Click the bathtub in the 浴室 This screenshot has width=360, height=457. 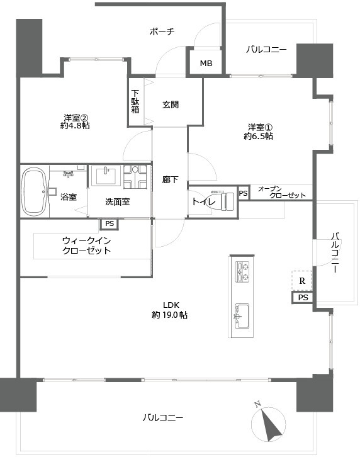click(35, 191)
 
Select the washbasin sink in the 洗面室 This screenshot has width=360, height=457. click(106, 175)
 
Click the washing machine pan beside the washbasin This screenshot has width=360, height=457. click(135, 177)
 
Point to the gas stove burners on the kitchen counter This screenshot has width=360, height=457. click(242, 271)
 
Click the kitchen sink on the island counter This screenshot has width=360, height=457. click(242, 316)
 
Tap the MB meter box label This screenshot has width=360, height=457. click(206, 63)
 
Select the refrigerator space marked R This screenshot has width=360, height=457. click(302, 281)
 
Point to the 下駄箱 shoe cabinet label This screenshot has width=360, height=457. click(135, 101)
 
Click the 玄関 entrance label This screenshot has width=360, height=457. click(171, 104)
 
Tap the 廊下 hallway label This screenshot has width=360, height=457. click(170, 179)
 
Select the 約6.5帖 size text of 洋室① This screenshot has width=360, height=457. click(258, 136)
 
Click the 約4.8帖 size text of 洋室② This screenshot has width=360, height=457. click(75, 126)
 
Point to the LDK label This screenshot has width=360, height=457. click(171, 305)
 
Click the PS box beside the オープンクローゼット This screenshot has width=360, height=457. click(244, 193)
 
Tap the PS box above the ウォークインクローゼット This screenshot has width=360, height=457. click(110, 224)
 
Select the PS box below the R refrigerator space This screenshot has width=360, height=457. click(303, 297)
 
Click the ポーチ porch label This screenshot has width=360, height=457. click(162, 31)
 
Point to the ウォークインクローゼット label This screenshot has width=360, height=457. click(87, 245)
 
